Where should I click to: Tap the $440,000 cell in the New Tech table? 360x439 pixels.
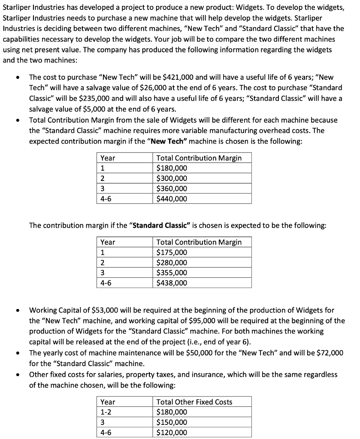tap(172, 198)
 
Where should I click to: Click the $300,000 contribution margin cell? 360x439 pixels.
tap(172, 178)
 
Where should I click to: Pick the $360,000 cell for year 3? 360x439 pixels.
tap(172, 189)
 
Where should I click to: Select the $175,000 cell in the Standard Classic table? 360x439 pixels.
tap(172, 253)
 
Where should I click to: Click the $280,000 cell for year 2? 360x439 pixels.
tap(172, 263)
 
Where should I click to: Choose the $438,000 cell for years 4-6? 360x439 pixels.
tap(172, 283)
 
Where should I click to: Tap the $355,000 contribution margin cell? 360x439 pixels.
tap(172, 273)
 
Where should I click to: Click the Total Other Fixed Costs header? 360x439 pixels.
tap(194, 402)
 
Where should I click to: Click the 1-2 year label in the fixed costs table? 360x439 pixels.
tap(106, 412)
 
